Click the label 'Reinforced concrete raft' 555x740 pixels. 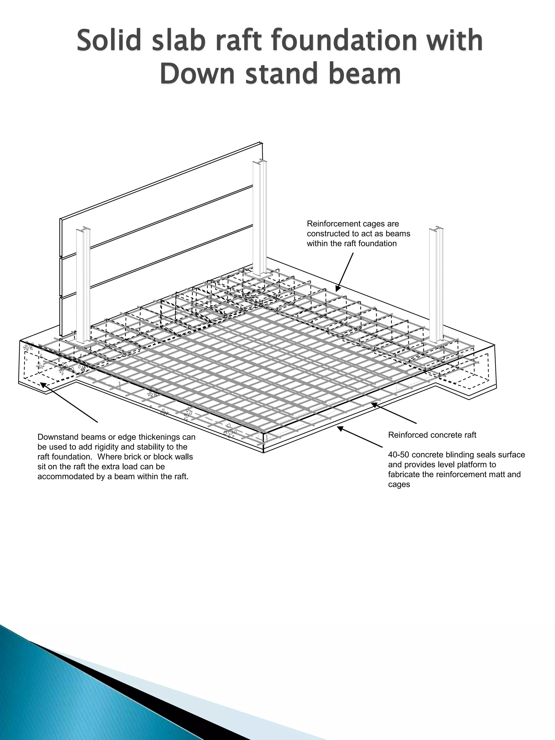pyautogui.click(x=432, y=435)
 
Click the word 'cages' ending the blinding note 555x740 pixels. pyautogui.click(x=399, y=485)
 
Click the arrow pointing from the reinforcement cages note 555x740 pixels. pyautogui.click(x=345, y=272)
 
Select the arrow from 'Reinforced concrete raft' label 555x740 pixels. pyautogui.click(x=394, y=413)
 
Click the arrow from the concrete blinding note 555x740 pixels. pyautogui.click(x=360, y=437)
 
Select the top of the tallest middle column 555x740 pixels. pyautogui.click(x=260, y=163)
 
